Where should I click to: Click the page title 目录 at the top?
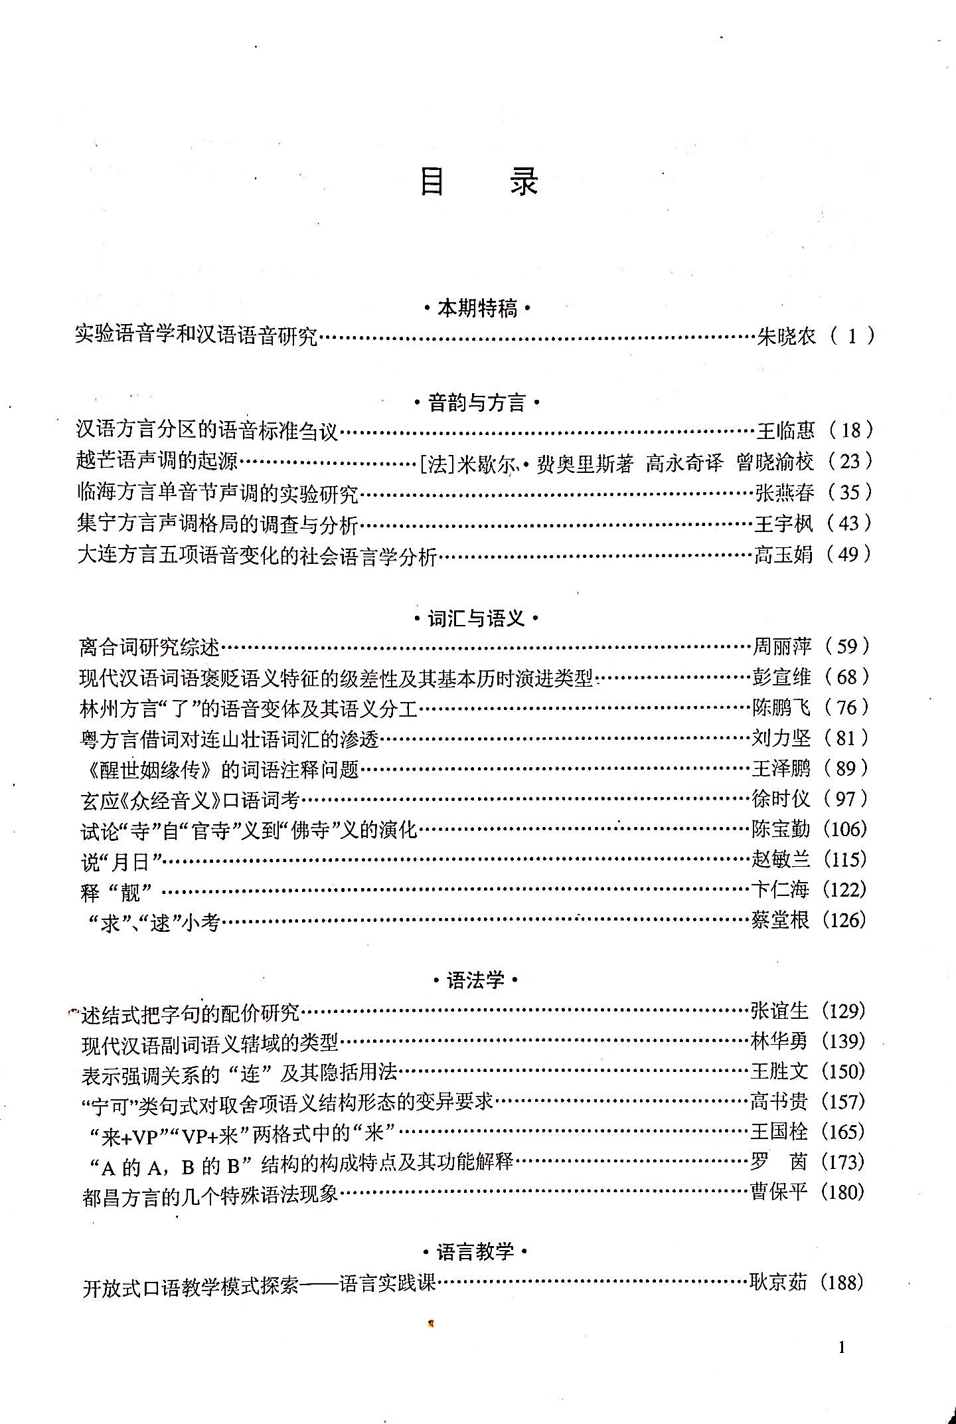[478, 181]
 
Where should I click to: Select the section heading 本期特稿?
[477, 309]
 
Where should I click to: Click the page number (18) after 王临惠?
[850, 430]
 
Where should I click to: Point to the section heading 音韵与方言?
[477, 402]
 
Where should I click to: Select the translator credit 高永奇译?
[684, 463]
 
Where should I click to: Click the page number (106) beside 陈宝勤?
[844, 829]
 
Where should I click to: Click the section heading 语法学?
[475, 980]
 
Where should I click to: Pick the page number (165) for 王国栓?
[843, 1131]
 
